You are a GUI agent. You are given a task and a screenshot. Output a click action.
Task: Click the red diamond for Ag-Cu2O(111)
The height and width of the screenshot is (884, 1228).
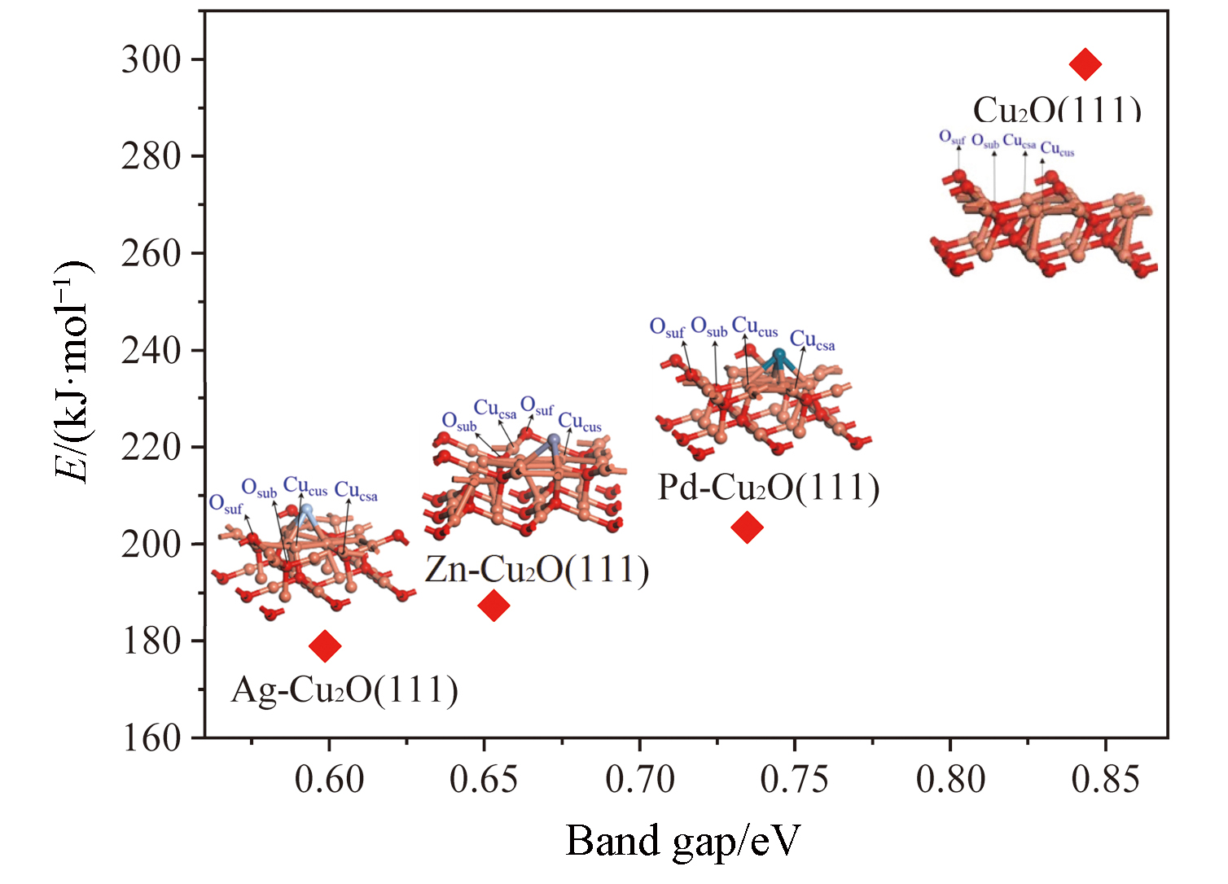(325, 645)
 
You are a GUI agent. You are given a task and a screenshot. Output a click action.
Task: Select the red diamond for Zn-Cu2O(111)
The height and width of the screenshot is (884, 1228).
(493, 605)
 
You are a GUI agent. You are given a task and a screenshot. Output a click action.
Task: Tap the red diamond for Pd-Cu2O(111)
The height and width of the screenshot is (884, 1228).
(747, 527)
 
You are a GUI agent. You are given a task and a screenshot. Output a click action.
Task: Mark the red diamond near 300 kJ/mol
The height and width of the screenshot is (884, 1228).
(1085, 63)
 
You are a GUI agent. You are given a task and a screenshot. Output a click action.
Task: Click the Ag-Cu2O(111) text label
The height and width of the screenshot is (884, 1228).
(344, 690)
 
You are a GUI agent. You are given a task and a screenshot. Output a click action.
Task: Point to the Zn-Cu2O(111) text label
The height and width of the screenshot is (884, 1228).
(537, 569)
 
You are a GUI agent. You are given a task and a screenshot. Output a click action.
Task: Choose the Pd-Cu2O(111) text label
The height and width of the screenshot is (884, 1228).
(769, 488)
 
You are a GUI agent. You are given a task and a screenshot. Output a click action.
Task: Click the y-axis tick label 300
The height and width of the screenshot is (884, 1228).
(151, 59)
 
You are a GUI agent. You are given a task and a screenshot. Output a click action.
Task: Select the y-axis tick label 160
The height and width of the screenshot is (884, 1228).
(151, 737)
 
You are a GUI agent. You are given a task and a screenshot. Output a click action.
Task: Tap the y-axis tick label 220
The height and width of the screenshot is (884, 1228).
(151, 447)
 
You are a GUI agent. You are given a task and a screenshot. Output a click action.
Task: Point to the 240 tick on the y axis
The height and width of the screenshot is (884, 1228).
(151, 350)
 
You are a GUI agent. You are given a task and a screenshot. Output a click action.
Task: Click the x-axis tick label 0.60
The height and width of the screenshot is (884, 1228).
(329, 780)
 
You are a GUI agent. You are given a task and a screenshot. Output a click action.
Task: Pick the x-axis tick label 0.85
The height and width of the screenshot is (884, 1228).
(1105, 780)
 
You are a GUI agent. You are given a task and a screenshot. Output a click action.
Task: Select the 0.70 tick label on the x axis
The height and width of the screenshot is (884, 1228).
(640, 780)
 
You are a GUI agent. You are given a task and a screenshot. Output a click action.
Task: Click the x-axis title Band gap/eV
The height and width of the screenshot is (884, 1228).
(682, 840)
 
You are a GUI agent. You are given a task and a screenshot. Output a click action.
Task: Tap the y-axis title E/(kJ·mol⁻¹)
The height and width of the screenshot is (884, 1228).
(73, 373)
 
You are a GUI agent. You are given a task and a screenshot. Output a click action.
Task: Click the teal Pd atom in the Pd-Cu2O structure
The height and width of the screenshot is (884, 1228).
(779, 357)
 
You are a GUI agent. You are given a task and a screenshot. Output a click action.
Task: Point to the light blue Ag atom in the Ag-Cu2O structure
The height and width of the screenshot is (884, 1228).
(306, 510)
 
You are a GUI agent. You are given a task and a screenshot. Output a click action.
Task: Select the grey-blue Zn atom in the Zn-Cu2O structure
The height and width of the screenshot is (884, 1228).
(554, 441)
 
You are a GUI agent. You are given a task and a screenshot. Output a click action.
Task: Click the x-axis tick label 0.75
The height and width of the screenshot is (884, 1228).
(795, 780)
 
